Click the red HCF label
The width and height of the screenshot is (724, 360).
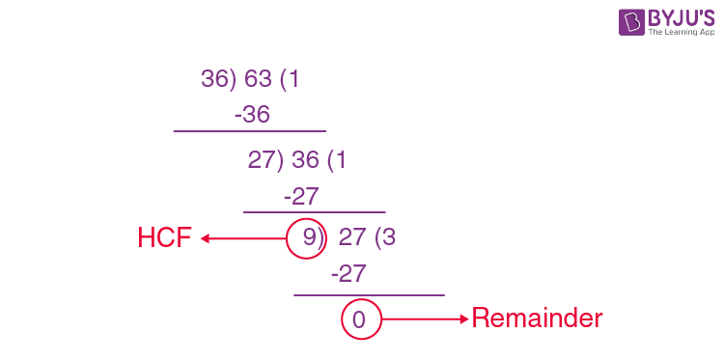[165, 238]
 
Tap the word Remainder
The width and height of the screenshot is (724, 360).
[536, 318]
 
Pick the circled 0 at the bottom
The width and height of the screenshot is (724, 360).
[360, 319]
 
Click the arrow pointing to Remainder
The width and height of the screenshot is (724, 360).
[425, 318]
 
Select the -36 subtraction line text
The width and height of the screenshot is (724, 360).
[251, 115]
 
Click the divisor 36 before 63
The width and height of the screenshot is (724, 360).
[214, 79]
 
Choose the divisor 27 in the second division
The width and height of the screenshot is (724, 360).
[261, 160]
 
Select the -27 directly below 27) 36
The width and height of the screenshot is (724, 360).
[301, 196]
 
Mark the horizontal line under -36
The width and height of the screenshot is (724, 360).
[249, 131]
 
